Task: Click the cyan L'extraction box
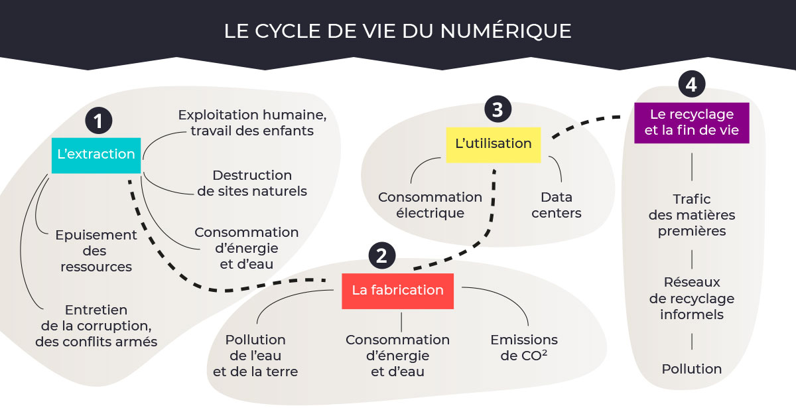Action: (96, 155)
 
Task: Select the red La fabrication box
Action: (397, 291)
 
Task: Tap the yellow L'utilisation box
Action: (494, 145)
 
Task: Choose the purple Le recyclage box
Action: (691, 123)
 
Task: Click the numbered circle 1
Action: (98, 121)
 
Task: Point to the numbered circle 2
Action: (381, 255)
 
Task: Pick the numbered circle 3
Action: (497, 109)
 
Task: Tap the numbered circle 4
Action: (691, 84)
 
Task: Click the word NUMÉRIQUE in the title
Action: (505, 31)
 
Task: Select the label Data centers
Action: (557, 205)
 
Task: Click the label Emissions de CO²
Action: (524, 348)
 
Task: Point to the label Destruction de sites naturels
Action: (252, 183)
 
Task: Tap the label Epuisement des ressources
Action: (96, 251)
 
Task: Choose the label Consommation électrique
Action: (430, 205)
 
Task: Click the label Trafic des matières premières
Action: (691, 215)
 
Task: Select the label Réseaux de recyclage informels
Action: (691, 298)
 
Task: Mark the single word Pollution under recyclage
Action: (691, 369)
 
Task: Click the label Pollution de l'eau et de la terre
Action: (255, 356)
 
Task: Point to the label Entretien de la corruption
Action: (96, 326)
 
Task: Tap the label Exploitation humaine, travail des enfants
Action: (252, 123)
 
